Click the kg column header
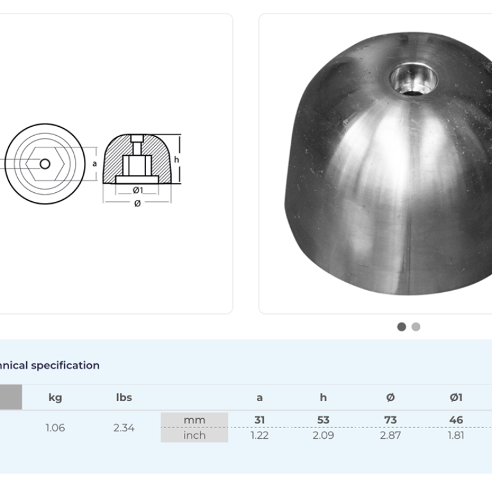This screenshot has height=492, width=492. pyautogui.click(x=55, y=397)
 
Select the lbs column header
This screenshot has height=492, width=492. pyautogui.click(x=124, y=397)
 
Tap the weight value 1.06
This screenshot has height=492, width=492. pyautogui.click(x=55, y=427)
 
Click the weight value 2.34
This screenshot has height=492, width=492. pyautogui.click(x=124, y=427)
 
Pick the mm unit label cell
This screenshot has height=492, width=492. pyautogui.click(x=194, y=420)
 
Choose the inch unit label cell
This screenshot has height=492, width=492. pyautogui.click(x=194, y=435)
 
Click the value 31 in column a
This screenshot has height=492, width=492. pyautogui.click(x=259, y=420)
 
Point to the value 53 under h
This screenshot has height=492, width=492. pyautogui.click(x=323, y=420)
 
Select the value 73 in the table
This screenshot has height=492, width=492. pyautogui.click(x=390, y=420)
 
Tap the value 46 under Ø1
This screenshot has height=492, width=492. pyautogui.click(x=455, y=420)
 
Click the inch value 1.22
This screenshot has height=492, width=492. pyautogui.click(x=259, y=435)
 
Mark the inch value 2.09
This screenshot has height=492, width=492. pyautogui.click(x=323, y=435)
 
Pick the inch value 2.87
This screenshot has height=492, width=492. pyautogui.click(x=390, y=435)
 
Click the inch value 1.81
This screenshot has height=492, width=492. pyautogui.click(x=455, y=435)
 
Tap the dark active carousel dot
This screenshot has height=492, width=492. pyautogui.click(x=402, y=327)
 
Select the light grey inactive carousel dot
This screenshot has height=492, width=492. pyautogui.click(x=416, y=327)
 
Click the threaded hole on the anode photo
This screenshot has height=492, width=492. pyautogui.click(x=414, y=80)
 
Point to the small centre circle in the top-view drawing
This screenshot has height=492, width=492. pyautogui.click(x=45, y=164)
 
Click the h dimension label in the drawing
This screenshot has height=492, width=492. pyautogui.click(x=176, y=160)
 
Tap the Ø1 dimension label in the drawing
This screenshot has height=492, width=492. pyautogui.click(x=137, y=190)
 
